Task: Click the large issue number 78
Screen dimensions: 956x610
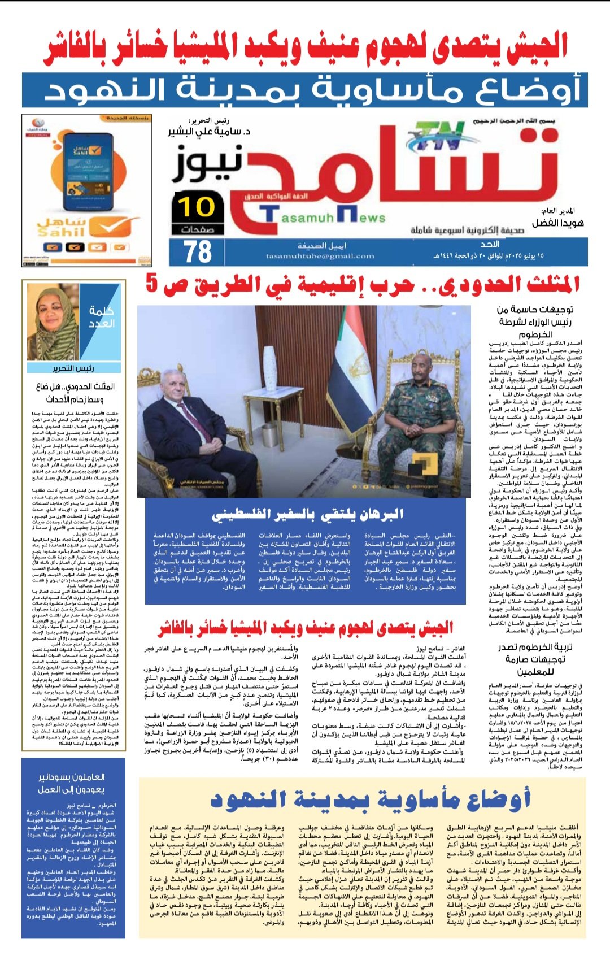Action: click(x=198, y=252)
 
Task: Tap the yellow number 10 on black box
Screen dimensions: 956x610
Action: click(x=197, y=207)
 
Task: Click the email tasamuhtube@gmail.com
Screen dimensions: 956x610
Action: click(x=320, y=256)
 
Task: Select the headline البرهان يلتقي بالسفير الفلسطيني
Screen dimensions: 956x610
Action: click(x=308, y=514)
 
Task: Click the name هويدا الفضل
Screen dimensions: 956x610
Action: click(x=557, y=223)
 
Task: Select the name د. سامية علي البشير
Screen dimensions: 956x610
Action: click(x=209, y=131)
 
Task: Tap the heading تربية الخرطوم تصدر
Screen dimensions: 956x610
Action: click(x=534, y=647)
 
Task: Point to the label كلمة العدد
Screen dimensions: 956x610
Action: click(x=102, y=317)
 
